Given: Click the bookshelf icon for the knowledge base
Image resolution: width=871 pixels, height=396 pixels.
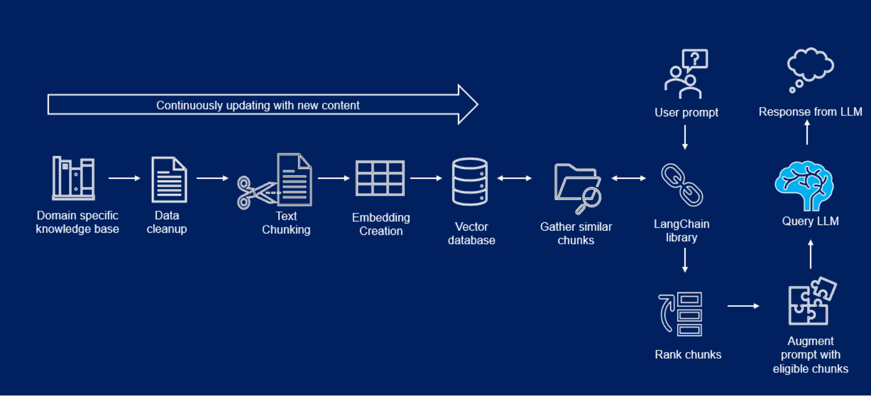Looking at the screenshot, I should pyautogui.click(x=73, y=178).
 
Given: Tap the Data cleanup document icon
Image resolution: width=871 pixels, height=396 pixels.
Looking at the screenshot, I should pyautogui.click(x=169, y=179).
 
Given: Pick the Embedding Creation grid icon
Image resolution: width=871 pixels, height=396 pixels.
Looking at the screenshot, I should pyautogui.click(x=380, y=178).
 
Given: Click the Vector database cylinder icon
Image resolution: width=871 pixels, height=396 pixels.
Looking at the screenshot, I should pyautogui.click(x=470, y=181).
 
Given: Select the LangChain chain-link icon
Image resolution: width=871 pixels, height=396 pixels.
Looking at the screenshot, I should pyautogui.click(x=682, y=185).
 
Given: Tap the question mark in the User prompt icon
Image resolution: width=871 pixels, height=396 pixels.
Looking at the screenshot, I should pyautogui.click(x=695, y=58).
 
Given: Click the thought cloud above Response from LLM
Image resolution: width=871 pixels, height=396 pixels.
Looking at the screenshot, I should pyautogui.click(x=810, y=65).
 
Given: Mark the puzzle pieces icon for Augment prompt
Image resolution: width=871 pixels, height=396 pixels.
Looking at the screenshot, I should pyautogui.click(x=811, y=302).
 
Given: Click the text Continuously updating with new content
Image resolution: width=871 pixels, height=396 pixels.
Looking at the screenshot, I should pyautogui.click(x=258, y=105).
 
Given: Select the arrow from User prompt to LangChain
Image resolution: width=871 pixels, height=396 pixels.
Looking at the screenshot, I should pyautogui.click(x=685, y=137).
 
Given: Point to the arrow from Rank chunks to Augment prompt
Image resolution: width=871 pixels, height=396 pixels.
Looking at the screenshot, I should pyautogui.click(x=743, y=306).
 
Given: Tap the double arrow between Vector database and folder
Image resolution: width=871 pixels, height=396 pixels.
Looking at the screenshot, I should pyautogui.click(x=514, y=178).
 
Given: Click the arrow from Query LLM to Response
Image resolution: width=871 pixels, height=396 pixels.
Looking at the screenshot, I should pyautogui.click(x=807, y=132).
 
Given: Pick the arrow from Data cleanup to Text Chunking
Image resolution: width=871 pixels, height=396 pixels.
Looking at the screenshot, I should pyautogui.click(x=212, y=178).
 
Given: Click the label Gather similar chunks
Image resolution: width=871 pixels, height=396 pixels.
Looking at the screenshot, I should pyautogui.click(x=576, y=233).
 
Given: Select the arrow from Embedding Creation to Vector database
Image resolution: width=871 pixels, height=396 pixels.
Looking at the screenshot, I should pyautogui.click(x=426, y=178).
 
